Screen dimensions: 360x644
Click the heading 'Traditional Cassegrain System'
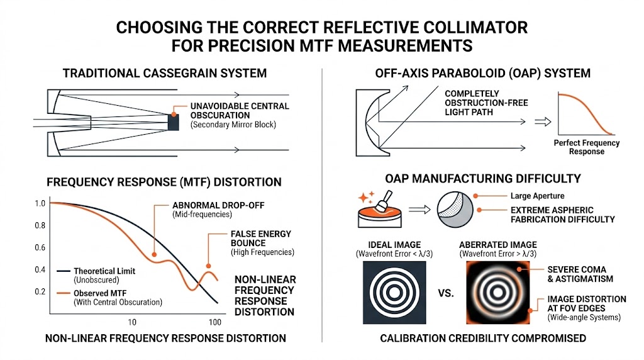click(165, 73)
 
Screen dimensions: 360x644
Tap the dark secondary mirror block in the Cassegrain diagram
click(174, 122)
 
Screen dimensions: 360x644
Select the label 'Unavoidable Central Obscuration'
click(240, 111)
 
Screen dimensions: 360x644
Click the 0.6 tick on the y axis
click(40, 247)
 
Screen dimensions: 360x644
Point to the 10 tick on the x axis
click(132, 322)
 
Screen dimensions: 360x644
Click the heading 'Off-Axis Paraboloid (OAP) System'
click(482, 73)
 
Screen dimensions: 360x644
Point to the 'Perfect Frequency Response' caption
click(587, 147)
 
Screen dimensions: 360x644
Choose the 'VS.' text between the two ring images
click(445, 293)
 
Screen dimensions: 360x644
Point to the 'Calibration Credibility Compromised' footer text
click(482, 339)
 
